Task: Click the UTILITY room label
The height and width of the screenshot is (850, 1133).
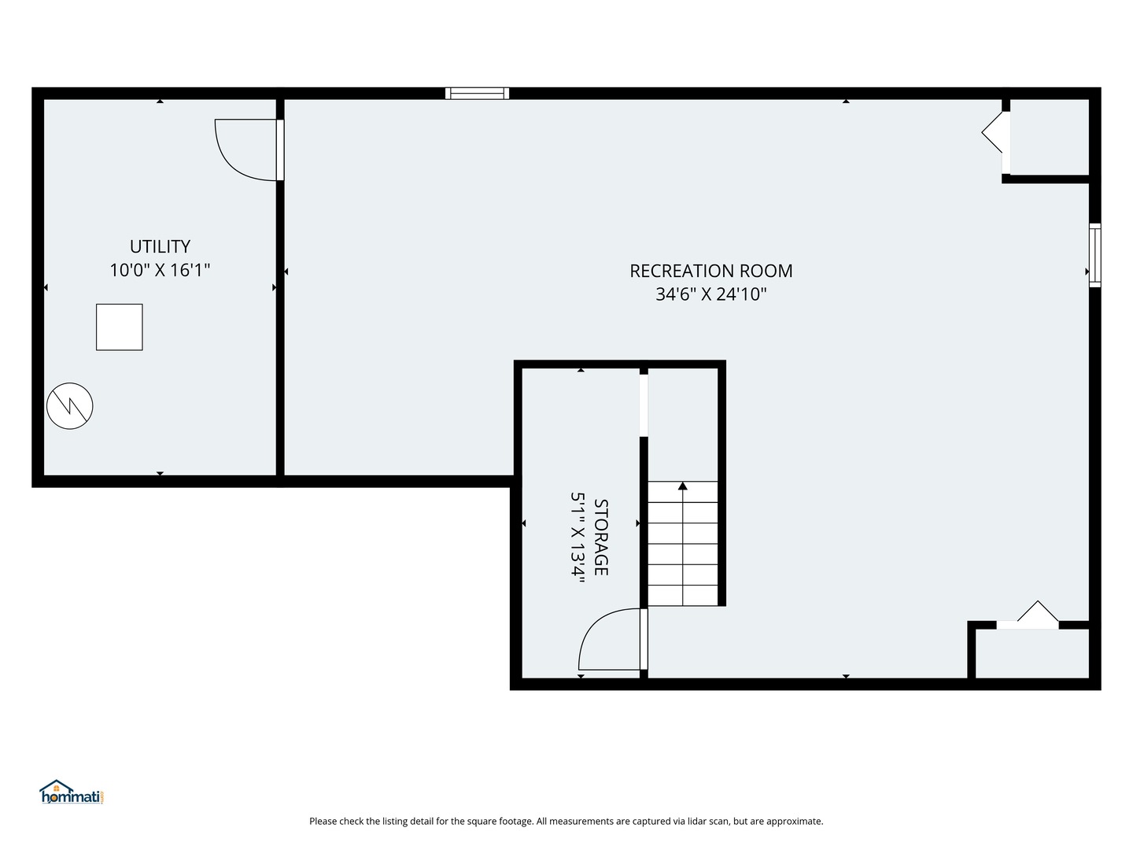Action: (x=160, y=246)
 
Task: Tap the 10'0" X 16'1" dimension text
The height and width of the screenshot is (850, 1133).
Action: (x=160, y=271)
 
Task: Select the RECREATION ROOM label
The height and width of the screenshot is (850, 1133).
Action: (x=710, y=271)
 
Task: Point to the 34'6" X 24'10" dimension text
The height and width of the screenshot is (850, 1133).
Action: (x=710, y=294)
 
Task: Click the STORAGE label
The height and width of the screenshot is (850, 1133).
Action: (x=601, y=537)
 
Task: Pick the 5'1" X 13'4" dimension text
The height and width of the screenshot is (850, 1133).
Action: (x=578, y=537)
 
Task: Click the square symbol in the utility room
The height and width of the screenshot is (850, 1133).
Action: (x=120, y=327)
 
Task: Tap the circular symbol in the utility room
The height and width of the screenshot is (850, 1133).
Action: (x=70, y=406)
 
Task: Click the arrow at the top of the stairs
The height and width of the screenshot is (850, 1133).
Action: (x=683, y=486)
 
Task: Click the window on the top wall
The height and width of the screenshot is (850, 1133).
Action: (x=477, y=94)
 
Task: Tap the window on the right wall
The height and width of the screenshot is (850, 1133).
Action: (x=1094, y=255)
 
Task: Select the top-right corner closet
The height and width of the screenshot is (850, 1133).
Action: (x=1050, y=137)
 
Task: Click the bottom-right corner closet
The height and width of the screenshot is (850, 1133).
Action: (x=1032, y=653)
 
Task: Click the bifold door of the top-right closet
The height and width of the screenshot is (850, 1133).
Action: (x=995, y=132)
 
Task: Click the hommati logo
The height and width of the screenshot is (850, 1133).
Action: (x=72, y=793)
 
